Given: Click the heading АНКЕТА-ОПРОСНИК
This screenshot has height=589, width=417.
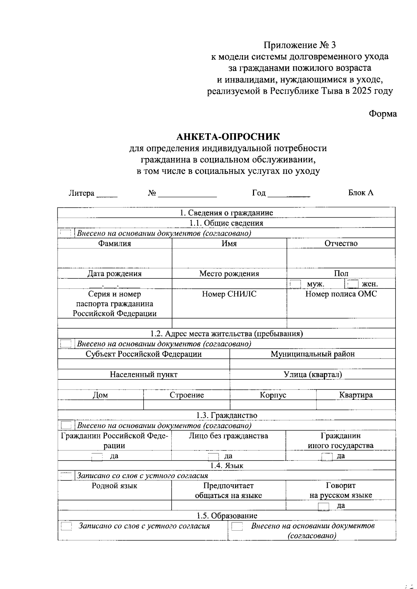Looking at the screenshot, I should [x=228, y=136].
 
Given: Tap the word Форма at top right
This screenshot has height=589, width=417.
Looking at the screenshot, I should [x=383, y=114].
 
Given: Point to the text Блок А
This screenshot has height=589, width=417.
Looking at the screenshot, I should [x=361, y=193].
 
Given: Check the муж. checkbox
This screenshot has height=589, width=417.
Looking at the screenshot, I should [x=295, y=284].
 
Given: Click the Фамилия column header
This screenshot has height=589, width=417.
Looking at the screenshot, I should [x=114, y=243].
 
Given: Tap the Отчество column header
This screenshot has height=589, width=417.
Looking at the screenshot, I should [x=341, y=243].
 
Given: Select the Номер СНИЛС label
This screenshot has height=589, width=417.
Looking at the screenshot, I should [x=229, y=294].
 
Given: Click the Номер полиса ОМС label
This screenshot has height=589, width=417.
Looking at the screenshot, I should [x=341, y=294].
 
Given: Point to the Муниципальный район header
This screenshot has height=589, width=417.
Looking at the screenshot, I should [x=313, y=354].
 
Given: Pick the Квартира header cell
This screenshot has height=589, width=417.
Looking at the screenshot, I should [x=356, y=395].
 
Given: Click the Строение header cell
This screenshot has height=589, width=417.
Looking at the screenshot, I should [x=187, y=395].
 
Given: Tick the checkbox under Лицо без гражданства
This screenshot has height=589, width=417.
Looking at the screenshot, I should [x=213, y=456].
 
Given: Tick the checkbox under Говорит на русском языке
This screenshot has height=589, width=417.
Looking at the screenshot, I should [x=324, y=506].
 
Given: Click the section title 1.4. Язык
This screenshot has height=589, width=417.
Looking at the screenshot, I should [x=227, y=466].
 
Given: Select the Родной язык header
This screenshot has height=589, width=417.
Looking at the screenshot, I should [x=114, y=486].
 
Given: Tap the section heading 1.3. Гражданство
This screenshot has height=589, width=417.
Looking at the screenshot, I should [x=227, y=415].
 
